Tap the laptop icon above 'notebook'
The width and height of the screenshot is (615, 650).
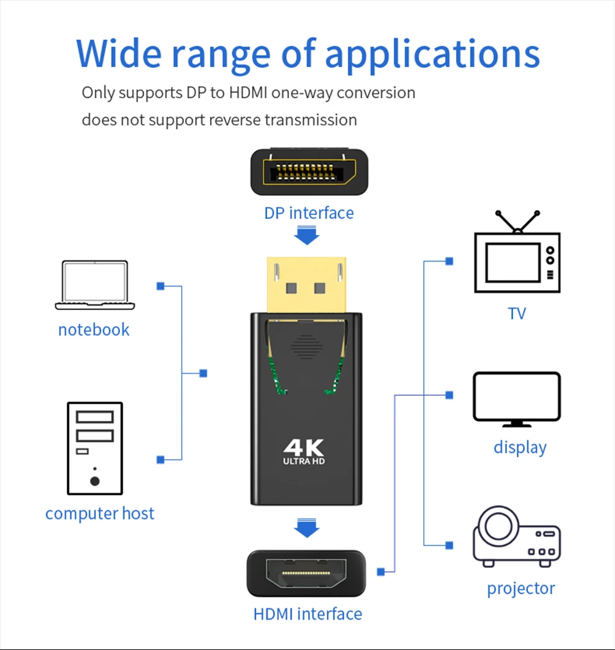[x=94, y=285]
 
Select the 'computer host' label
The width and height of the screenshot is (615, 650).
[x=99, y=514]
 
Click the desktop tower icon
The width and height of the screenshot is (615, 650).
[x=94, y=447]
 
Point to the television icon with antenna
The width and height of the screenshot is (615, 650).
[x=517, y=255]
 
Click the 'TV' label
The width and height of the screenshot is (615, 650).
[x=517, y=313]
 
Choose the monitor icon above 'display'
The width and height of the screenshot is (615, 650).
[x=517, y=399]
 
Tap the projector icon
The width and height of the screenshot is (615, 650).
[x=517, y=537]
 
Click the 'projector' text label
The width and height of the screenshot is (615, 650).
[x=521, y=588]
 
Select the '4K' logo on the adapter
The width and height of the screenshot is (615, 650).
[x=304, y=447]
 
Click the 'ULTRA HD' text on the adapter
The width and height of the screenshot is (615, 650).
[x=304, y=461]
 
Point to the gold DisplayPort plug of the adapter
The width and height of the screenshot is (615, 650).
[x=306, y=285]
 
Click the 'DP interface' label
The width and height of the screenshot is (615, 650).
[x=309, y=213]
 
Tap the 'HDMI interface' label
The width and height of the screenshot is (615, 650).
[x=307, y=614]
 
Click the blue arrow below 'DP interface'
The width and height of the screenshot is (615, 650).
[x=306, y=236]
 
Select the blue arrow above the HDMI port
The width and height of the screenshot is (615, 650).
[x=306, y=528]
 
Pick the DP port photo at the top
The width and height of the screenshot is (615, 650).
[x=309, y=172]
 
